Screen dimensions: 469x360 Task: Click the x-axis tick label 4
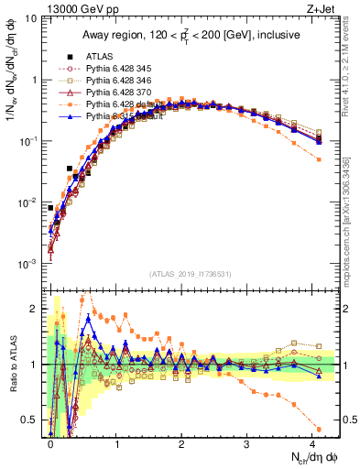(x=312, y=443)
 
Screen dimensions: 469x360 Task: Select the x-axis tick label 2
(x=181, y=443)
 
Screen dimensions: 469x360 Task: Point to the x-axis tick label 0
(x=50, y=443)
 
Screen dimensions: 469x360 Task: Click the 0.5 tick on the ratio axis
(x=32, y=420)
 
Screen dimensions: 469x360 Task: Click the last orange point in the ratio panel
(x=318, y=429)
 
